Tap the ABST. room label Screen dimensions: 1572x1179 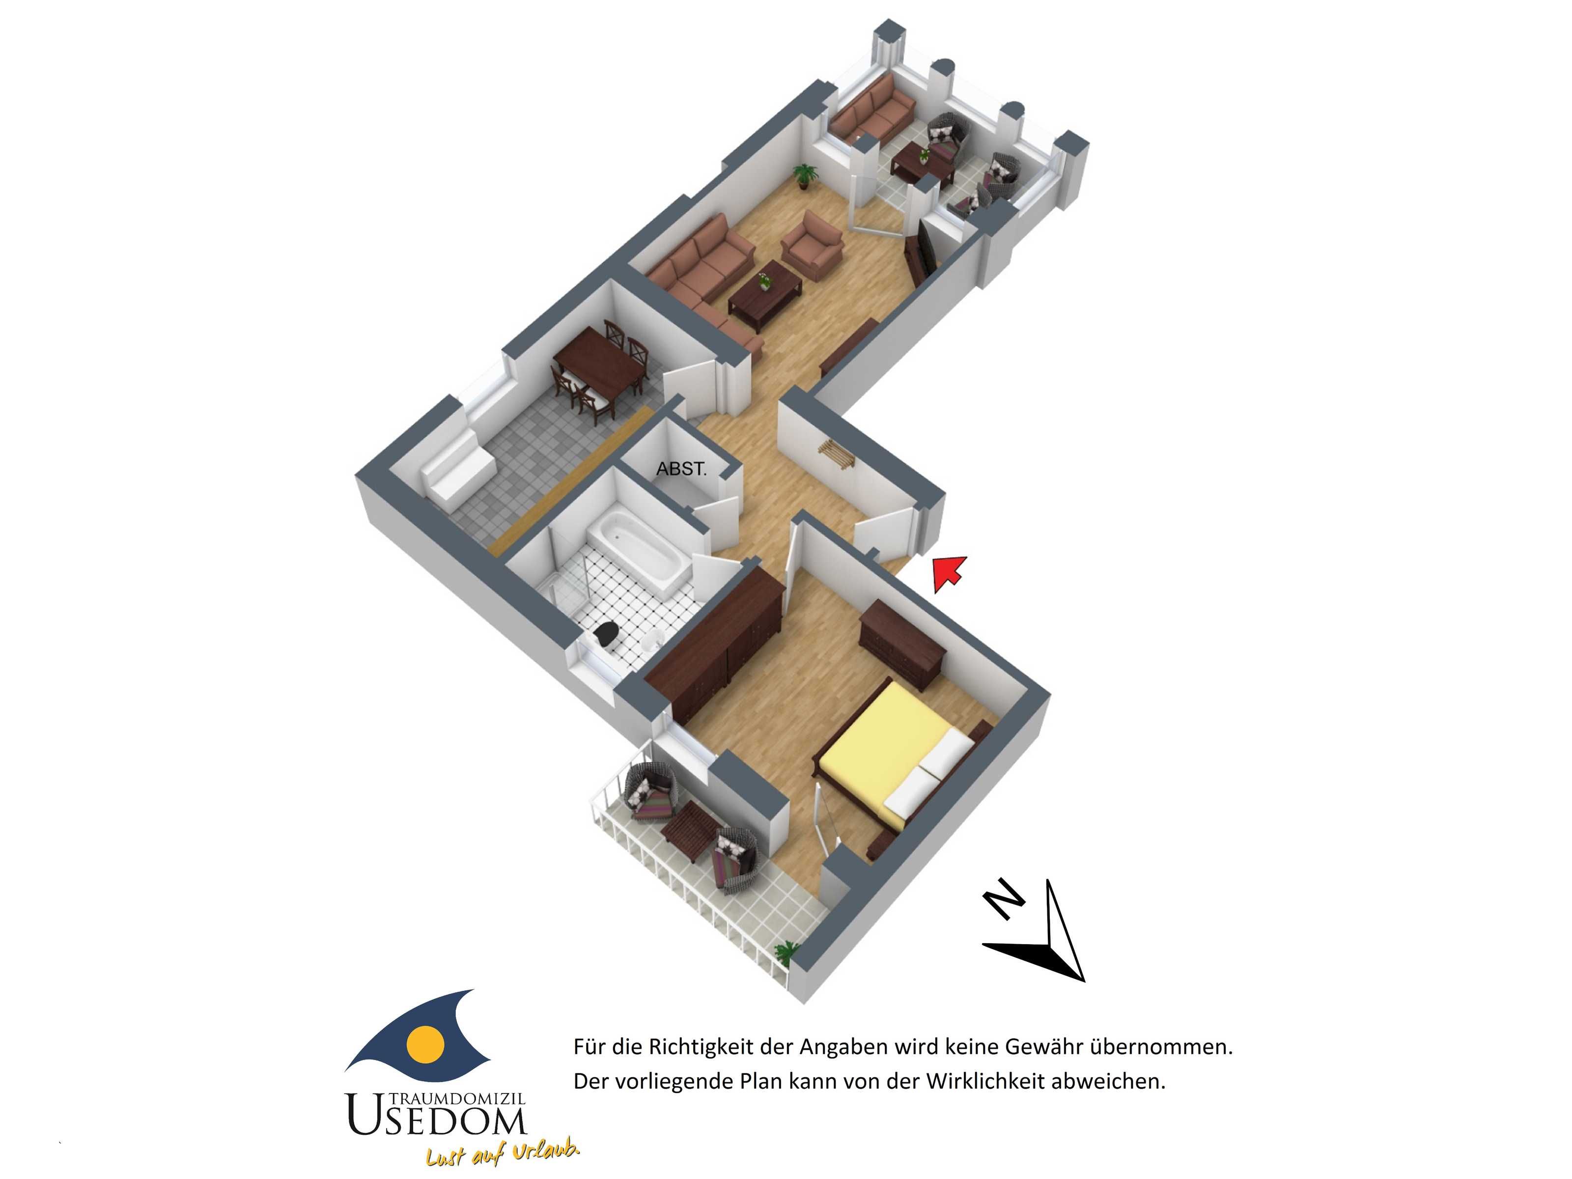click(681, 469)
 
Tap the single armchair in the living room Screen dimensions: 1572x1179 click(813, 245)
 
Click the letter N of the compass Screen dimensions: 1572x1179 click(1004, 898)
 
